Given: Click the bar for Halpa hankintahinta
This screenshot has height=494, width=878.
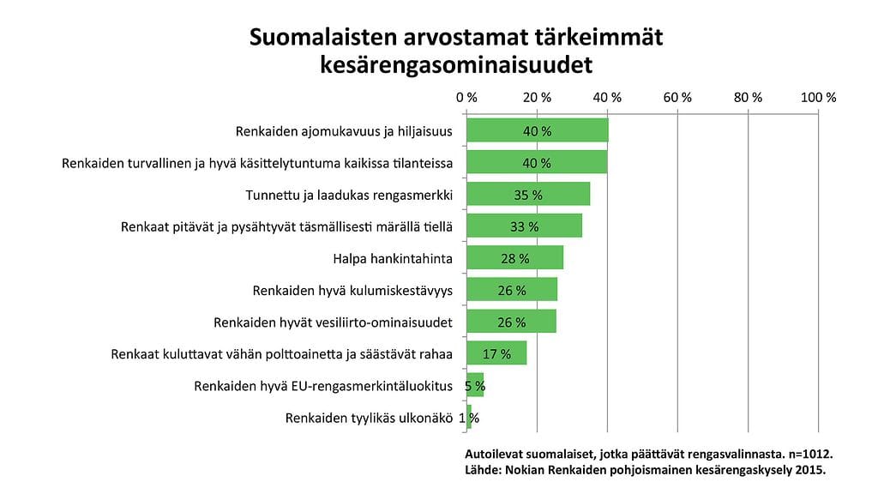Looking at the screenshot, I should coord(514,257).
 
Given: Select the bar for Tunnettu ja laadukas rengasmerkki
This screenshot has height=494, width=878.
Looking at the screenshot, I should coord(528,194).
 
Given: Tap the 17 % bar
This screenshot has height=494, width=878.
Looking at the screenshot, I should coord(496,352).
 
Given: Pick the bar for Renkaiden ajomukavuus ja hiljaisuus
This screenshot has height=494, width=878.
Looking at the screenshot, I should coord(537,130).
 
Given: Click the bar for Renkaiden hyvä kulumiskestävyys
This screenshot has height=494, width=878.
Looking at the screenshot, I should coord(512,289).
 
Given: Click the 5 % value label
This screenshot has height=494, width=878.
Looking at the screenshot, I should coord(475,385).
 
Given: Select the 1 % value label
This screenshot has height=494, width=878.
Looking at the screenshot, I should coord(469,418).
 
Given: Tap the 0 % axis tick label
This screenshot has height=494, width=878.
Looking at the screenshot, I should coord(466,98).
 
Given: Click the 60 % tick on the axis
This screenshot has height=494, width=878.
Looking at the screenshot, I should coord(677,98).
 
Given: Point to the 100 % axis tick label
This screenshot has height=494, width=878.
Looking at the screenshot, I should coord(817,98).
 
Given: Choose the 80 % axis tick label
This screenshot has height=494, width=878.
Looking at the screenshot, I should coord(748,98).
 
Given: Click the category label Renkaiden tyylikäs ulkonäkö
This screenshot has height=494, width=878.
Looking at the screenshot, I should coord(368,418).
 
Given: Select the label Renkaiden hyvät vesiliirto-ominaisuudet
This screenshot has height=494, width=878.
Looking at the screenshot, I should coord(332,322).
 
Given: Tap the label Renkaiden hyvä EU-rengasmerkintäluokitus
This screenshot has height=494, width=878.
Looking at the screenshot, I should coord(322,386).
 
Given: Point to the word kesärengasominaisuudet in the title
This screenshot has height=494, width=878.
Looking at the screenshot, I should coord(455,65).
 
